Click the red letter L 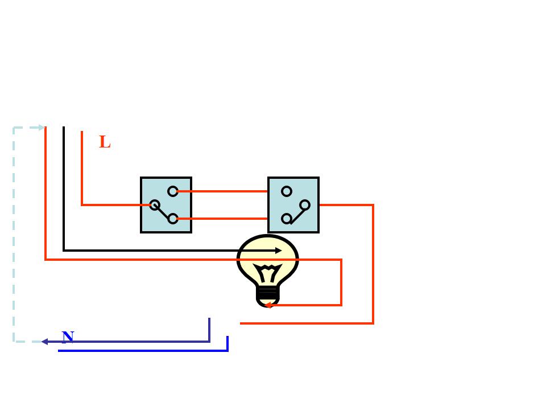point(105,142)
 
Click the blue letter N point(68,337)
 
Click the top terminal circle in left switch point(173,191)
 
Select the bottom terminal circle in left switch point(173,219)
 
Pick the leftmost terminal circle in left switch point(154,205)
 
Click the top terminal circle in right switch point(287,191)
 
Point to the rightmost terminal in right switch point(305,205)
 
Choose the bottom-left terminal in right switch point(287,219)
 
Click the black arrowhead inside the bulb point(278,251)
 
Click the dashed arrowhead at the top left point(41,128)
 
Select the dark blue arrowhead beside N point(44,342)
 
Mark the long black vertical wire point(64,188)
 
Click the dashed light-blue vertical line point(14,233)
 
